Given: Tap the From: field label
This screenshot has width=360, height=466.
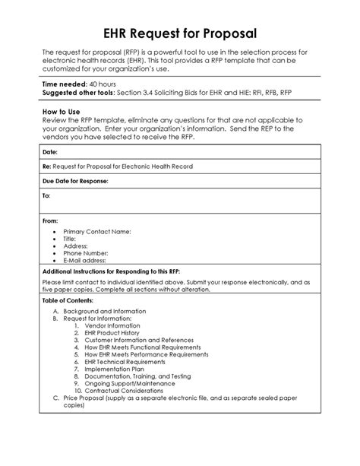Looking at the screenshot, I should coord(50,220).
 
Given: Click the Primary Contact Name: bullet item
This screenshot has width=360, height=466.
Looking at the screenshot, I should coord(98,230).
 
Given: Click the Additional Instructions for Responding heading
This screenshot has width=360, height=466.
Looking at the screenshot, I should coord(111,271).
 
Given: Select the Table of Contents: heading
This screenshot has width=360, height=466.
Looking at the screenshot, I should coord(69,300).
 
